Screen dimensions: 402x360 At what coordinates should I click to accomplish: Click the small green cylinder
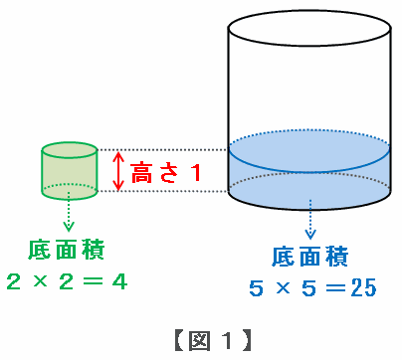pos(70,171)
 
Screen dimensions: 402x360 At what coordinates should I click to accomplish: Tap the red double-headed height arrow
pos(118,171)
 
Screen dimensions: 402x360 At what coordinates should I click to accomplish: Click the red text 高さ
pos(155,173)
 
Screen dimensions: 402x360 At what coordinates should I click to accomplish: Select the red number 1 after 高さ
pos(196,173)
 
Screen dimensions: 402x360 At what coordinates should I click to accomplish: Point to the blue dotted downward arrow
pos(310,219)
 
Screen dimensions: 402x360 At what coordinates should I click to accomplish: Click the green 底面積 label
pos(67,250)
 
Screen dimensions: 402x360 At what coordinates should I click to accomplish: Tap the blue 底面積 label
pos(310,257)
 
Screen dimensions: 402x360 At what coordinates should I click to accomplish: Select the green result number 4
pos(119,282)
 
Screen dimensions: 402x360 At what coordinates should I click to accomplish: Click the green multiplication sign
pos(40,281)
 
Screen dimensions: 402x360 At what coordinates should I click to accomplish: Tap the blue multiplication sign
pos(283,287)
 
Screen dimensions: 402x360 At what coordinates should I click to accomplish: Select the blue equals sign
pos(335,287)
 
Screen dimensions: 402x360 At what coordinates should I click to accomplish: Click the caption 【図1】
pos(212,340)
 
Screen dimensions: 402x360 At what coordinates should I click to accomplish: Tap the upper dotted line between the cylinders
pos(163,150)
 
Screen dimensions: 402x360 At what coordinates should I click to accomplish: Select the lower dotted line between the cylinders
pos(163,191)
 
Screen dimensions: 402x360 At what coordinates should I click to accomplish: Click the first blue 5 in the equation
pos(256,287)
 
